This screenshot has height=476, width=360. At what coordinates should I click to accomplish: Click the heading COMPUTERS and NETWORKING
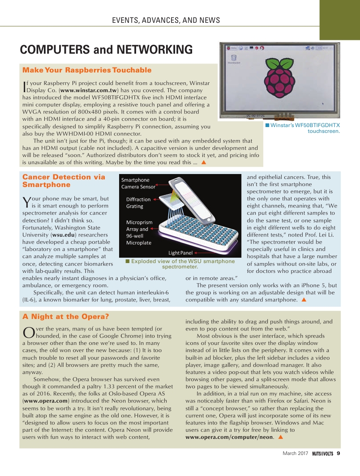107,50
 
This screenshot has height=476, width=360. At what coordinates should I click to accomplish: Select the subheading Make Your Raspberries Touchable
87,70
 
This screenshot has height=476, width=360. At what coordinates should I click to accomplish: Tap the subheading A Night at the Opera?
66,317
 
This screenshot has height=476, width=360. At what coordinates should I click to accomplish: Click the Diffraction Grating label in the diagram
138,203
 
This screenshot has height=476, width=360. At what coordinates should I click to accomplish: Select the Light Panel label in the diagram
180,253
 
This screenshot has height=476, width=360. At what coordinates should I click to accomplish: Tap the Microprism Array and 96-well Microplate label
139,233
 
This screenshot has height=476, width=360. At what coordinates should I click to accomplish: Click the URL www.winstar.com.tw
91,90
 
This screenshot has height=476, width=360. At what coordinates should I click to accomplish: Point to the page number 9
339,454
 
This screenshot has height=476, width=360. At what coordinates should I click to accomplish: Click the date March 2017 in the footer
295,454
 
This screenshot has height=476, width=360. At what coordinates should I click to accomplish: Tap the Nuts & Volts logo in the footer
322,454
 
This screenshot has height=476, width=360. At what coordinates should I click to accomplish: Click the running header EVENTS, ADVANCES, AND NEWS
166,20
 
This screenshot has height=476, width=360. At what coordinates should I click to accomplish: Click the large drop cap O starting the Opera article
28,333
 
